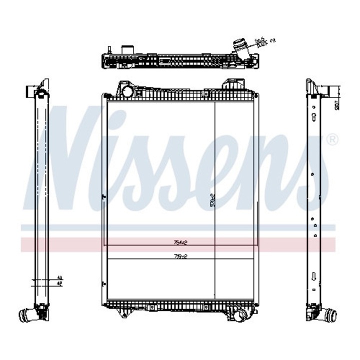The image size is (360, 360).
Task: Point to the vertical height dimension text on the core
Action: click(x=212, y=200)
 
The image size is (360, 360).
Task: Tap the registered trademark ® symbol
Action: click(x=331, y=140)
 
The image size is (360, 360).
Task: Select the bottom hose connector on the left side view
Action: click(x=26, y=315)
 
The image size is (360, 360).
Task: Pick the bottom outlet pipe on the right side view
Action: click(x=330, y=315)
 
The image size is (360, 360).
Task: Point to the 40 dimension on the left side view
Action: click(x=59, y=277)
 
